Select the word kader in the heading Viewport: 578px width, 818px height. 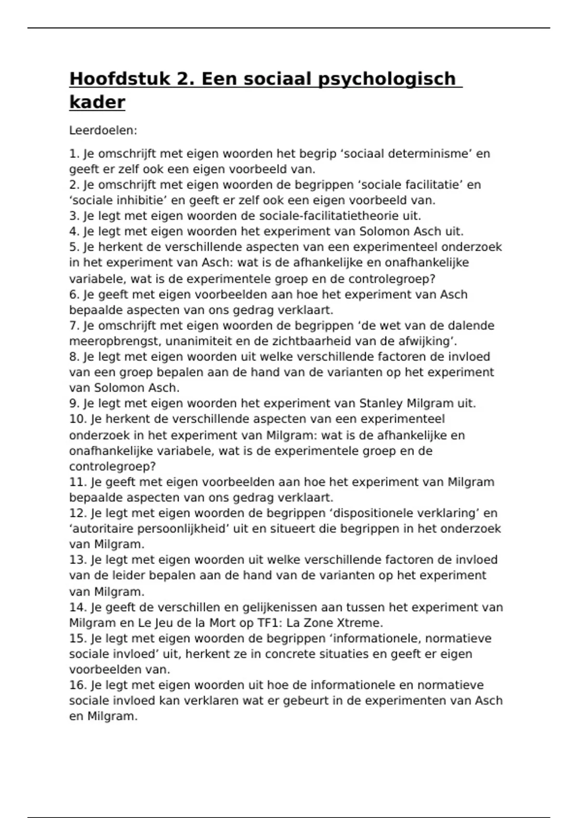pyautogui.click(x=97, y=102)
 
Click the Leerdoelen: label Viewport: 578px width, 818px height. pyautogui.click(x=104, y=130)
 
